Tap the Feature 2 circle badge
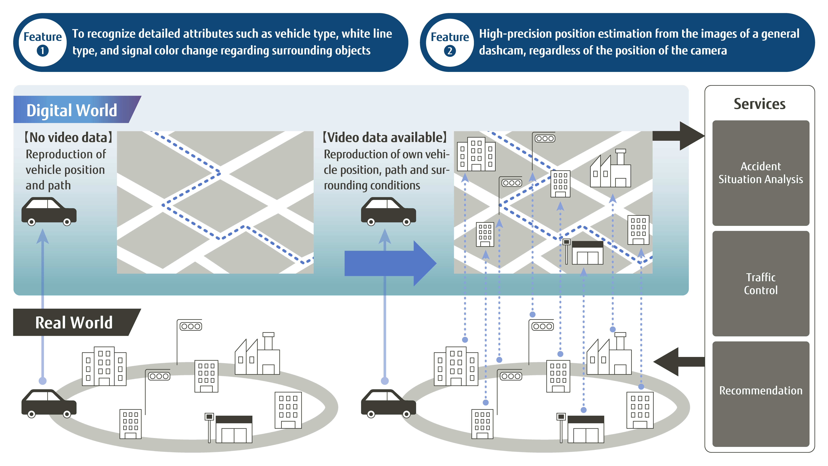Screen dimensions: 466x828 [450, 42]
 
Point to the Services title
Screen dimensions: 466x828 [760, 104]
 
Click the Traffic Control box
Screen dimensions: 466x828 [760, 284]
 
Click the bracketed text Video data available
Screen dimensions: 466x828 [385, 137]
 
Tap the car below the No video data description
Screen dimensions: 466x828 [49, 211]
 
